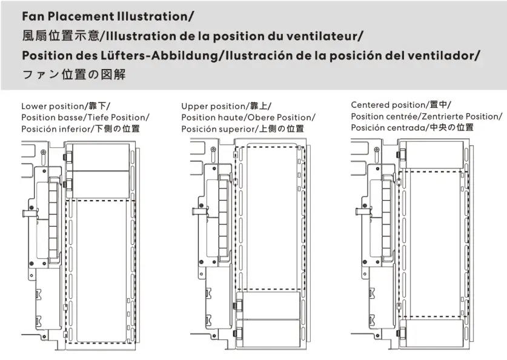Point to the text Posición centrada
coord(388,127)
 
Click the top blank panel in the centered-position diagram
coord(434,154)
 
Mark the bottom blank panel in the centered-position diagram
coord(434,333)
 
